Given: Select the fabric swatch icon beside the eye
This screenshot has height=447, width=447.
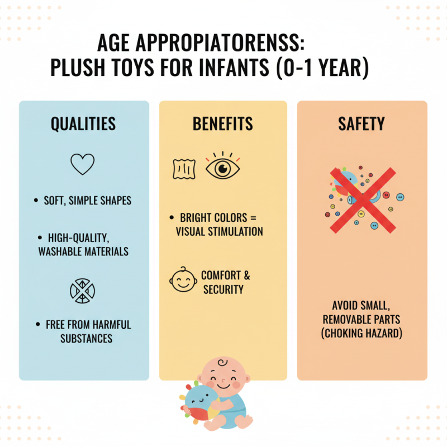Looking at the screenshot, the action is point(184,169).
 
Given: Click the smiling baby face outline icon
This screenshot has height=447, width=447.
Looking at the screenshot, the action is point(183,280).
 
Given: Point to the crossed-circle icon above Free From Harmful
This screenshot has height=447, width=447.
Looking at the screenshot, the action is point(82,291).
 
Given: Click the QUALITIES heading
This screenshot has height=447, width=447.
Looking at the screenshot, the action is point(83,123).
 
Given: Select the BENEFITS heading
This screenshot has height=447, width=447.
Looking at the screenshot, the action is point(222,123).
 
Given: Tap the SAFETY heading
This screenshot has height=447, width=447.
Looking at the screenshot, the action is point(362,123).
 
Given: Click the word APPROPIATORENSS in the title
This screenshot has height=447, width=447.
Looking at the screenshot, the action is point(220,43).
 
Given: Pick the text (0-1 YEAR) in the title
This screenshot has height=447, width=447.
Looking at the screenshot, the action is point(322,68).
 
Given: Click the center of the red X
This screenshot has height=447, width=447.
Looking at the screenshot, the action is point(363,200).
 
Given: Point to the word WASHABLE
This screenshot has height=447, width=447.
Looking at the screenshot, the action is point(60,251).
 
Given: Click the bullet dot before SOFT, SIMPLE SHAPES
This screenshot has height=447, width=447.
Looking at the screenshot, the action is point(36,201).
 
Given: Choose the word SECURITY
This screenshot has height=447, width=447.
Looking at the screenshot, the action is point(223,289).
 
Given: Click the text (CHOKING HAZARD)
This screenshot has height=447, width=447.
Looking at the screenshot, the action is point(362,333).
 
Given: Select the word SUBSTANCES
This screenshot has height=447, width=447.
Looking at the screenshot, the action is point(87,339).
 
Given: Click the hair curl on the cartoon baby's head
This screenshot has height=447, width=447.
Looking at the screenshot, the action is point(222,363).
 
